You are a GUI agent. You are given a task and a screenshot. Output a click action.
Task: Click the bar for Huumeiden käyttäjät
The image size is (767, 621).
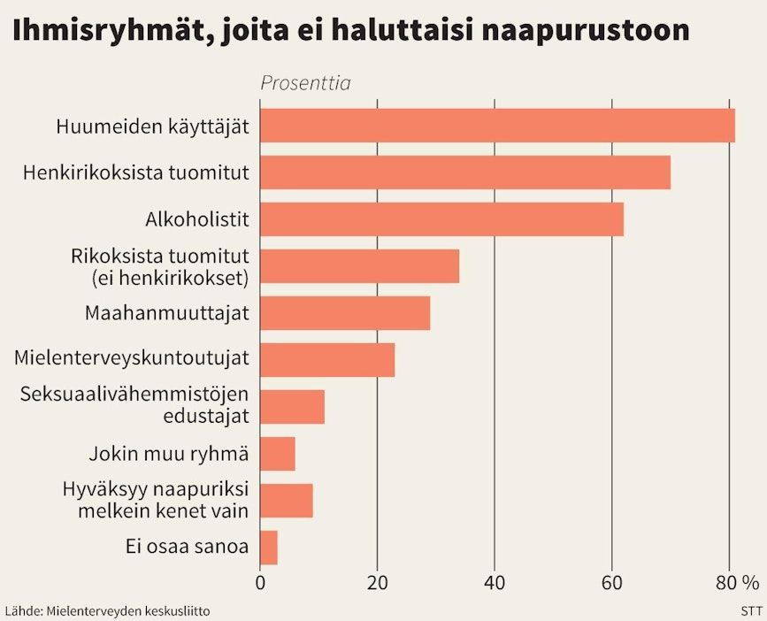pos(497,125)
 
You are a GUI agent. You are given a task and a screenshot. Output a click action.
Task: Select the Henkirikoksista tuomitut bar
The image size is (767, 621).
pos(465,172)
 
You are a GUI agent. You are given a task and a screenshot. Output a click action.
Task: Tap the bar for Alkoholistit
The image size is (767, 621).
pos(441,218)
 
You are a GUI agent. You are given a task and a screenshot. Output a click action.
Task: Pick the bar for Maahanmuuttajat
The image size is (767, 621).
pos(345,312)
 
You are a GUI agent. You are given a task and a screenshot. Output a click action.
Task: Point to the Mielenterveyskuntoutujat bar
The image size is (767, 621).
pos(327,359)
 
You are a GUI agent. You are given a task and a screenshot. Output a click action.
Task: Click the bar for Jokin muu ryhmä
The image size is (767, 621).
pos(278,453)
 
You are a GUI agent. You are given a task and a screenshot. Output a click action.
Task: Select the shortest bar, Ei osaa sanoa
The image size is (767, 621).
pos(269,547)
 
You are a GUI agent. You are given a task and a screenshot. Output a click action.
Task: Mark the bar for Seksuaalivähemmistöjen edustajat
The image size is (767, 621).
pos(293,406)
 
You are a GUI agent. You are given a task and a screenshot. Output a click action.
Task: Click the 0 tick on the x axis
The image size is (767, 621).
pos(260,583)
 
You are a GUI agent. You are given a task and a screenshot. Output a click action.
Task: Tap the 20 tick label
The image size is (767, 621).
pos(378,583)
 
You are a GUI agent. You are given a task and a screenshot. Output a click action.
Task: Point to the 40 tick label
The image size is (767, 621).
pos(495,583)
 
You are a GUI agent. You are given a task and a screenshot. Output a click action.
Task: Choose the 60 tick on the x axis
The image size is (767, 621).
pos(612,583)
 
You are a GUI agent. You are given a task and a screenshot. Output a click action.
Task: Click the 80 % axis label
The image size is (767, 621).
pos(738,583)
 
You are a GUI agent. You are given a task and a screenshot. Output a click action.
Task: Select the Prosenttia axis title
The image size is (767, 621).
pos(305,83)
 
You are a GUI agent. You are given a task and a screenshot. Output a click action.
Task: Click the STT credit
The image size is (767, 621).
pos(751,610)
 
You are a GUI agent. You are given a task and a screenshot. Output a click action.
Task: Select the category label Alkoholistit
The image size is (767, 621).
pos(196,218)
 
